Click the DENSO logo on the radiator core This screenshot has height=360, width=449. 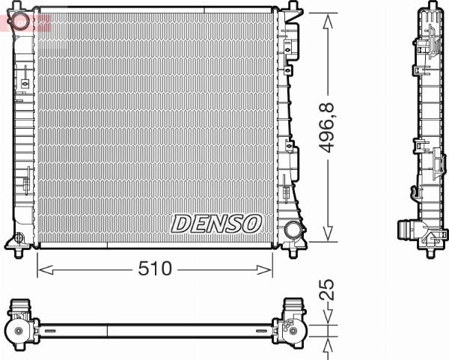point(217,222)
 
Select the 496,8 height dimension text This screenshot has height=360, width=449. point(328,128)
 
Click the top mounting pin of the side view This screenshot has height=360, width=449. point(426,7)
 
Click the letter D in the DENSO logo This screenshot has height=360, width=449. point(182,222)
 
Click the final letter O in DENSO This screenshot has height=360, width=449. point(251,222)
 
